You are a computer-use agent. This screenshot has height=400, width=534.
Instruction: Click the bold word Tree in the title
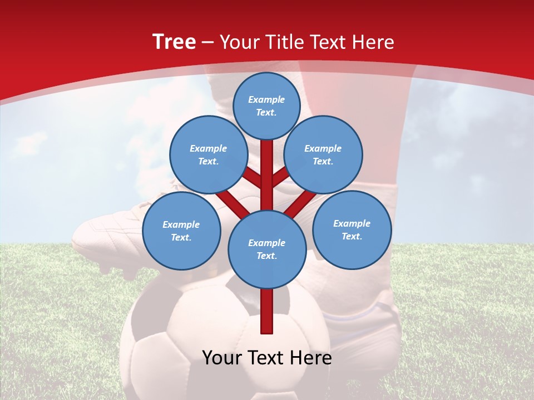tap(174, 42)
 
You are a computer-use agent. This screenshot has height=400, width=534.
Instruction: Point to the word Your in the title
tap(240, 42)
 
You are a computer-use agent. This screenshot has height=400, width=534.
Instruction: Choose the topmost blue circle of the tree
tap(266, 106)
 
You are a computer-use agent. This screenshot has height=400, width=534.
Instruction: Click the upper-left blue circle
tap(209, 155)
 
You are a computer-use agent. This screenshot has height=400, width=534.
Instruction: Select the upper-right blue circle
tap(323, 155)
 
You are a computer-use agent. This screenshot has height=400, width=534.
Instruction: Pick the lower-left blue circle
tap(181, 231)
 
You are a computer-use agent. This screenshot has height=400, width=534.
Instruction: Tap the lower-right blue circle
tap(352, 230)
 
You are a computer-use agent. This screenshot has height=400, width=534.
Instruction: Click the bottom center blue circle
tap(267, 249)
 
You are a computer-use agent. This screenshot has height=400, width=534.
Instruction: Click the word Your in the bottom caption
tap(223, 358)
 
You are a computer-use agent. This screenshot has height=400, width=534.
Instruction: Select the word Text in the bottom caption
tap(267, 358)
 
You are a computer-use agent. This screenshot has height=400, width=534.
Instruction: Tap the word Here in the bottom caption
tap(311, 358)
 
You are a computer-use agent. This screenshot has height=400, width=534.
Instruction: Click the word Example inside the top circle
tap(266, 99)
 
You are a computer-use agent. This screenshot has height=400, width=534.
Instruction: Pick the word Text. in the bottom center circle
tap(266, 256)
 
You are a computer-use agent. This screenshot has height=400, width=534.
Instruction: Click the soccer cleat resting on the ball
tap(111, 239)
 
